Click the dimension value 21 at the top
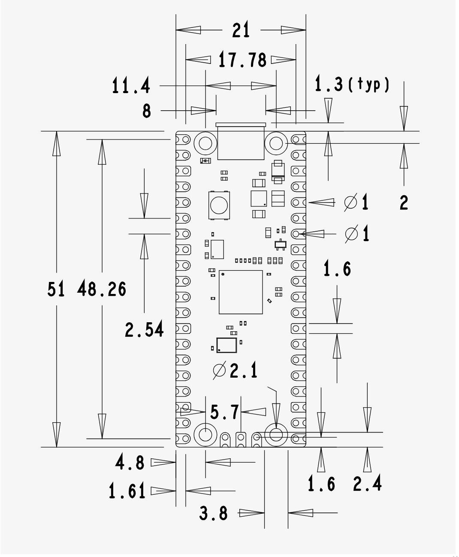pyautogui.click(x=241, y=30)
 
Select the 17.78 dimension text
pyautogui.click(x=242, y=60)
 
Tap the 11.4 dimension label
pyautogui.click(x=131, y=86)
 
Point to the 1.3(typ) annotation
pyautogui.click(x=352, y=84)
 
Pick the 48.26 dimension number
pyautogui.click(x=102, y=289)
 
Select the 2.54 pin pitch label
pyautogui.click(x=144, y=330)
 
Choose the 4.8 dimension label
pyautogui.click(x=130, y=463)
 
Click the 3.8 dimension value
pyautogui.click(x=213, y=513)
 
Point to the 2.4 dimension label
pyautogui.click(x=367, y=484)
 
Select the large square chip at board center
pyautogui.click(x=240, y=292)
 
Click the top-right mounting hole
pyautogui.click(x=276, y=143)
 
